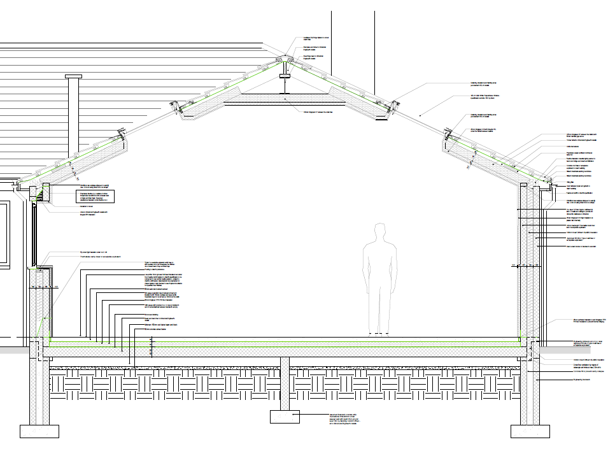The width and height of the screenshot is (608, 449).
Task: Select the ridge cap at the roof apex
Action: [x=285, y=60]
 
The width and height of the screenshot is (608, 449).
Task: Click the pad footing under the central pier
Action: [x=285, y=417]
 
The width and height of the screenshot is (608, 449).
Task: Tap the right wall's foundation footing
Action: [x=529, y=431]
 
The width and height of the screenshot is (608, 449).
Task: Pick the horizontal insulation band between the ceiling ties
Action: [x=285, y=97]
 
